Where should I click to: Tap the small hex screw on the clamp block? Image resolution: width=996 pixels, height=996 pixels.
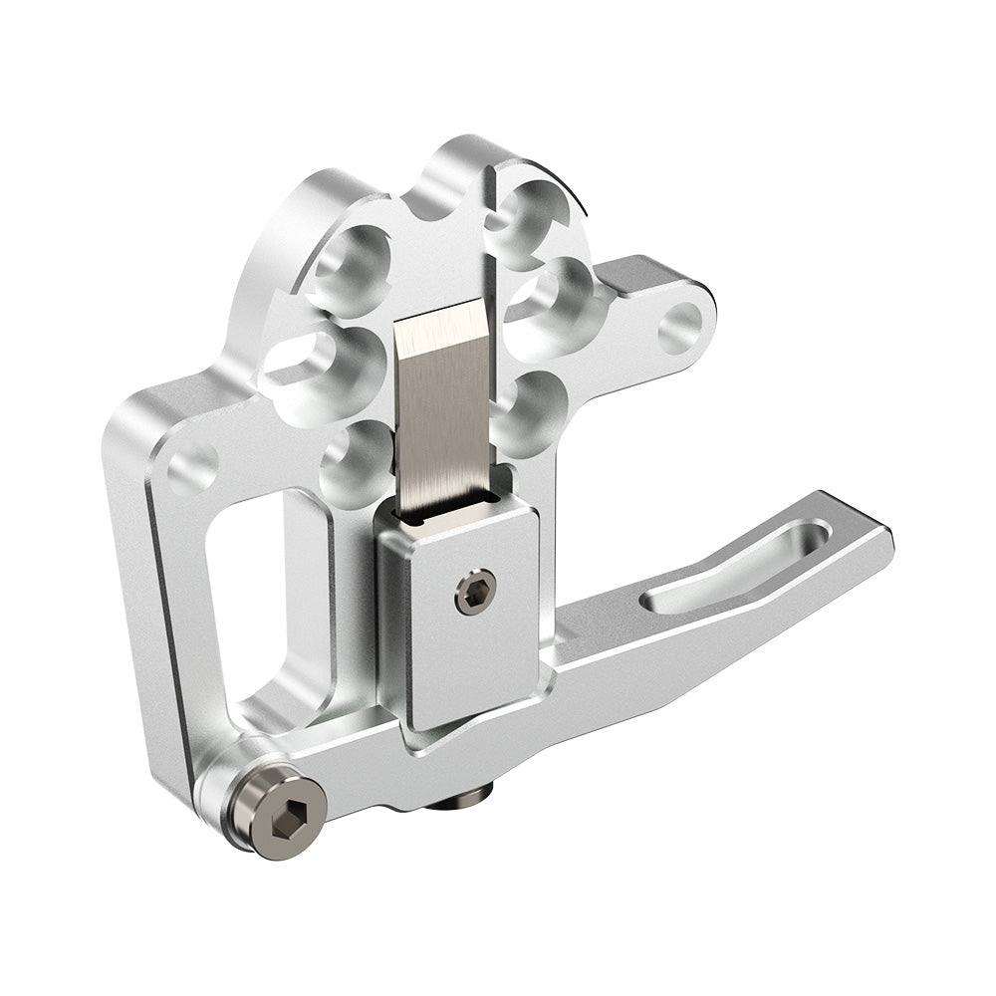click(475, 592)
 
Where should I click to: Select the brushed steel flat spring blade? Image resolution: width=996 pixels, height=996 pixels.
click(445, 408)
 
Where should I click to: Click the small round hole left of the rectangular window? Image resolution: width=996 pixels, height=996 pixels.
click(193, 466)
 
